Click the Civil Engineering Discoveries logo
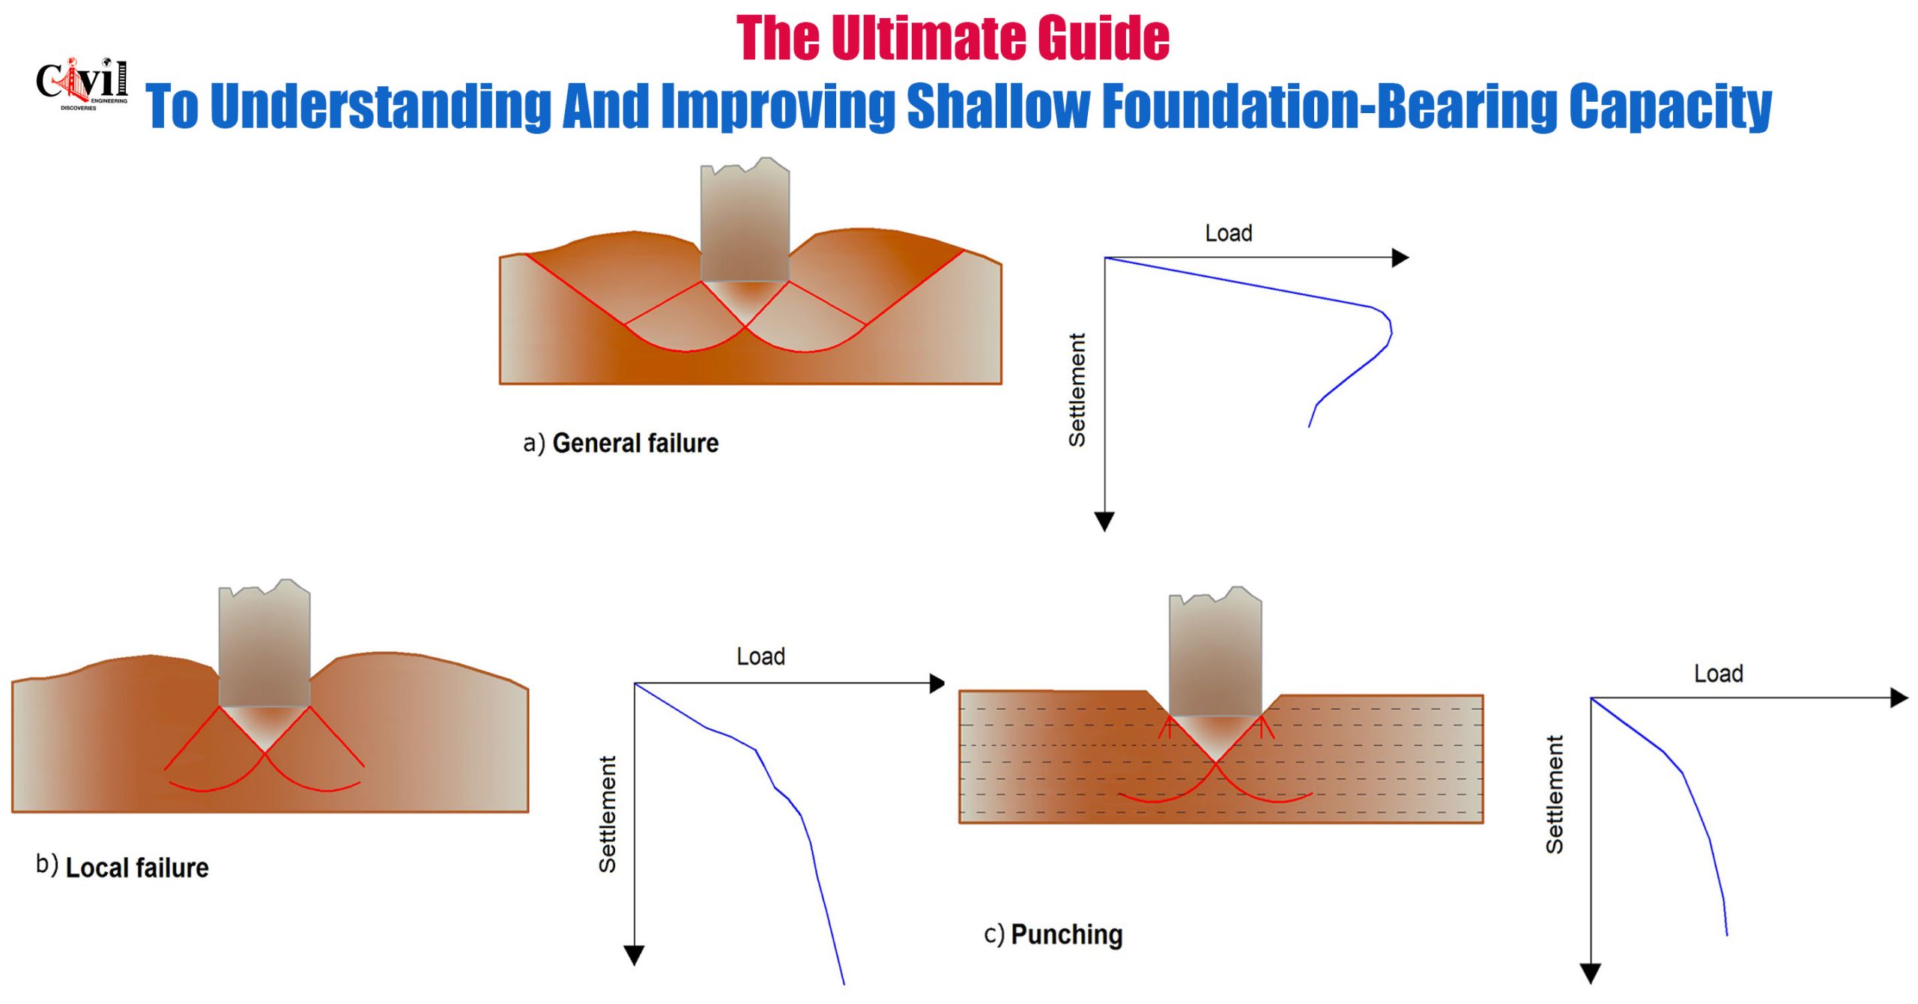click(82, 83)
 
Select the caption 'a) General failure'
click(620, 444)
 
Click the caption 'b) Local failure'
click(122, 867)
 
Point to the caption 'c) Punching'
click(1053, 934)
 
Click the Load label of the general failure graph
click(1229, 233)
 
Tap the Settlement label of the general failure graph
click(1077, 390)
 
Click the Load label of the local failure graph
click(760, 656)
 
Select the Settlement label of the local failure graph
click(607, 814)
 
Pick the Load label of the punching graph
click(1719, 674)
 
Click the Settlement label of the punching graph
click(1555, 794)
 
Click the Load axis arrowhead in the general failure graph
click(1400, 258)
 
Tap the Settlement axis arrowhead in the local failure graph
click(634, 955)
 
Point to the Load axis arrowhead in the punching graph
click(1899, 698)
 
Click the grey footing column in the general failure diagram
click(745, 221)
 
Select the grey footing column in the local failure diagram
click(264, 644)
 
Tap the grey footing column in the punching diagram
click(1215, 652)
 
